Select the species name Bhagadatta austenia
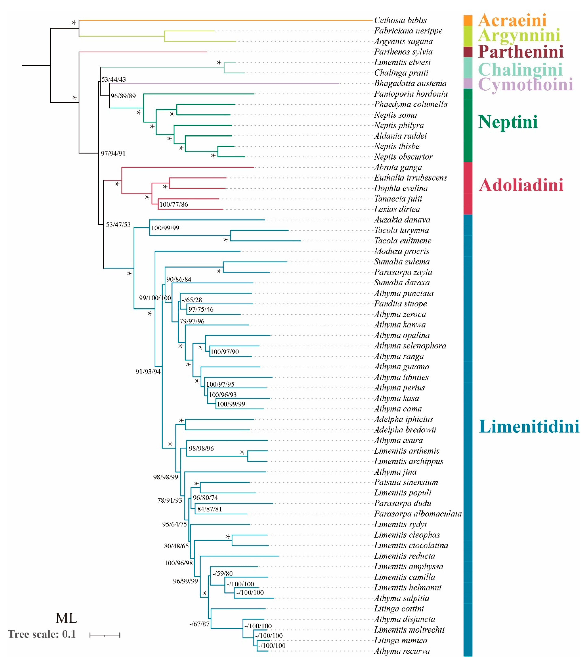(x=410, y=83)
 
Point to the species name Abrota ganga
(x=398, y=167)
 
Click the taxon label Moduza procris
(x=401, y=251)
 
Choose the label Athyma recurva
(x=402, y=651)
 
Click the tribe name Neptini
(x=508, y=122)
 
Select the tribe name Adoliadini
(x=521, y=185)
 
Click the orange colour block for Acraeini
(x=468, y=20)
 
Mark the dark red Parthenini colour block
(x=468, y=52)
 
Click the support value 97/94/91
(x=113, y=153)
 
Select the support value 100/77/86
(x=174, y=204)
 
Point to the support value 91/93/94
(x=148, y=372)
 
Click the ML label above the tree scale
(x=66, y=618)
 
